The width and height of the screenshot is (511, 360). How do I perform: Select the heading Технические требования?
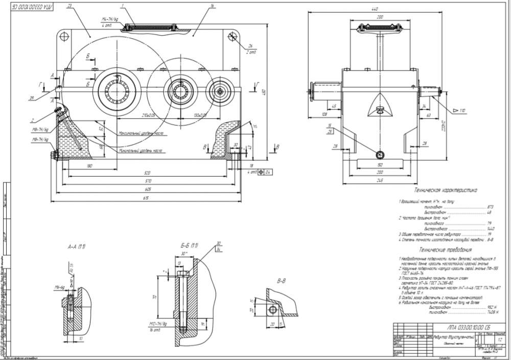coord(445,250)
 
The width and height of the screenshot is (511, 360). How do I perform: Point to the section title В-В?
coord(282,280)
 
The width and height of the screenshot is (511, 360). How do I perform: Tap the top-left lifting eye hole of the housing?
coord(64,36)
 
